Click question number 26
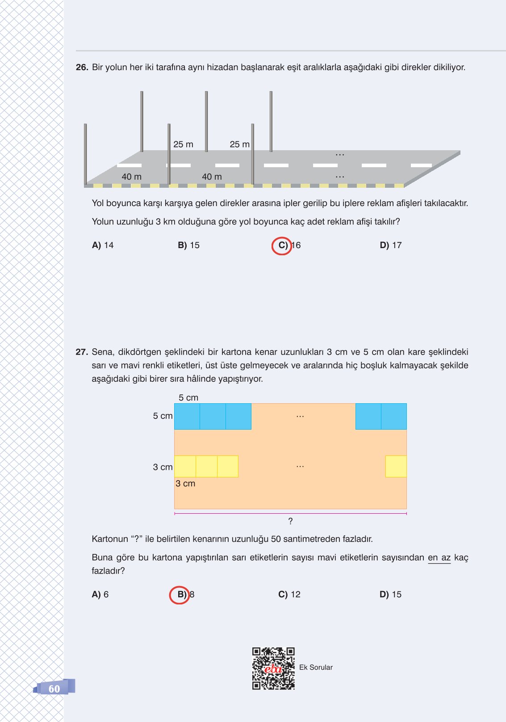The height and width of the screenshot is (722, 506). pos(82,68)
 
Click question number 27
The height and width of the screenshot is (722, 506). pos(82,352)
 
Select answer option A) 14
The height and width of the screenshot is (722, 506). pos(103,245)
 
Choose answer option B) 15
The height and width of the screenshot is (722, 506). pos(188,245)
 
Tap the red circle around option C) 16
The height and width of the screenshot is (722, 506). pos(282,245)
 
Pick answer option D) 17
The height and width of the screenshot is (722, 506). pos(390,245)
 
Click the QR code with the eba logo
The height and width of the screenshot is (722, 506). pos(273,668)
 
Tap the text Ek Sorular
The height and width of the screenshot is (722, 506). pos(316,667)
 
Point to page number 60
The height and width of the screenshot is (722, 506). pos(54,689)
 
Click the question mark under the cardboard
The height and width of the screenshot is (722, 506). pos(290,521)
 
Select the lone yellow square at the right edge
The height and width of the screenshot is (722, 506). pos(396,466)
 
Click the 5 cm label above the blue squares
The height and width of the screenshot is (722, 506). pos(188,398)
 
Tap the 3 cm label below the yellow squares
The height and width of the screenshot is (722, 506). pos(185,484)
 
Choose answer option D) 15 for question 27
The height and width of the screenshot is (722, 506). pos(390,595)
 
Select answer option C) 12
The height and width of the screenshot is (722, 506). pos(289,595)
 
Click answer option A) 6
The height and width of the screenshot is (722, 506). pos(100,595)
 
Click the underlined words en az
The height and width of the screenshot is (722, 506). pos(439,558)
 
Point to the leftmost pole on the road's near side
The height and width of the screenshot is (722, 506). pos(85,154)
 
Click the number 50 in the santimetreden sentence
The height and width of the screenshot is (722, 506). pos(276,539)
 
